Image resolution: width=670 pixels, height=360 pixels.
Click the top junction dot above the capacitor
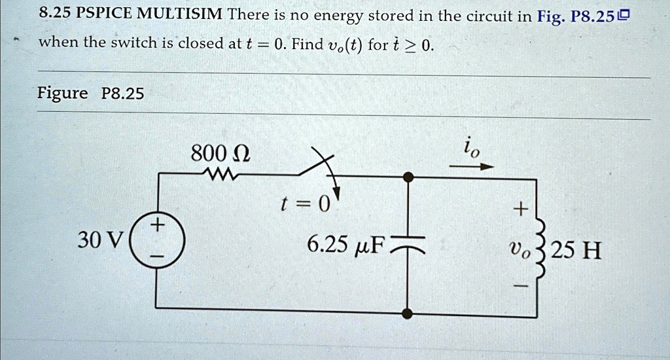[x=408, y=176]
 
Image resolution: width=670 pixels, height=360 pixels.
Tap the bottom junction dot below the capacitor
[x=408, y=313]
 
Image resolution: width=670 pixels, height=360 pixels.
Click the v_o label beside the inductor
[x=520, y=250]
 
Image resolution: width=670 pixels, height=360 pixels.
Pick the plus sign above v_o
[x=520, y=209]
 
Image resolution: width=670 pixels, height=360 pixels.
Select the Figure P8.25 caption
[x=90, y=93]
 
